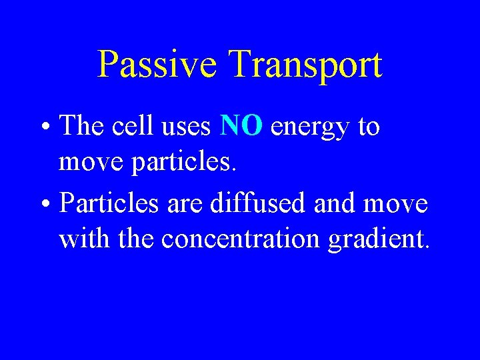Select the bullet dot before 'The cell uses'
pyautogui.click(x=49, y=127)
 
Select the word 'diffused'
pyautogui.click(x=251, y=203)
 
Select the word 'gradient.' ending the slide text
pyautogui.click(x=379, y=239)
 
